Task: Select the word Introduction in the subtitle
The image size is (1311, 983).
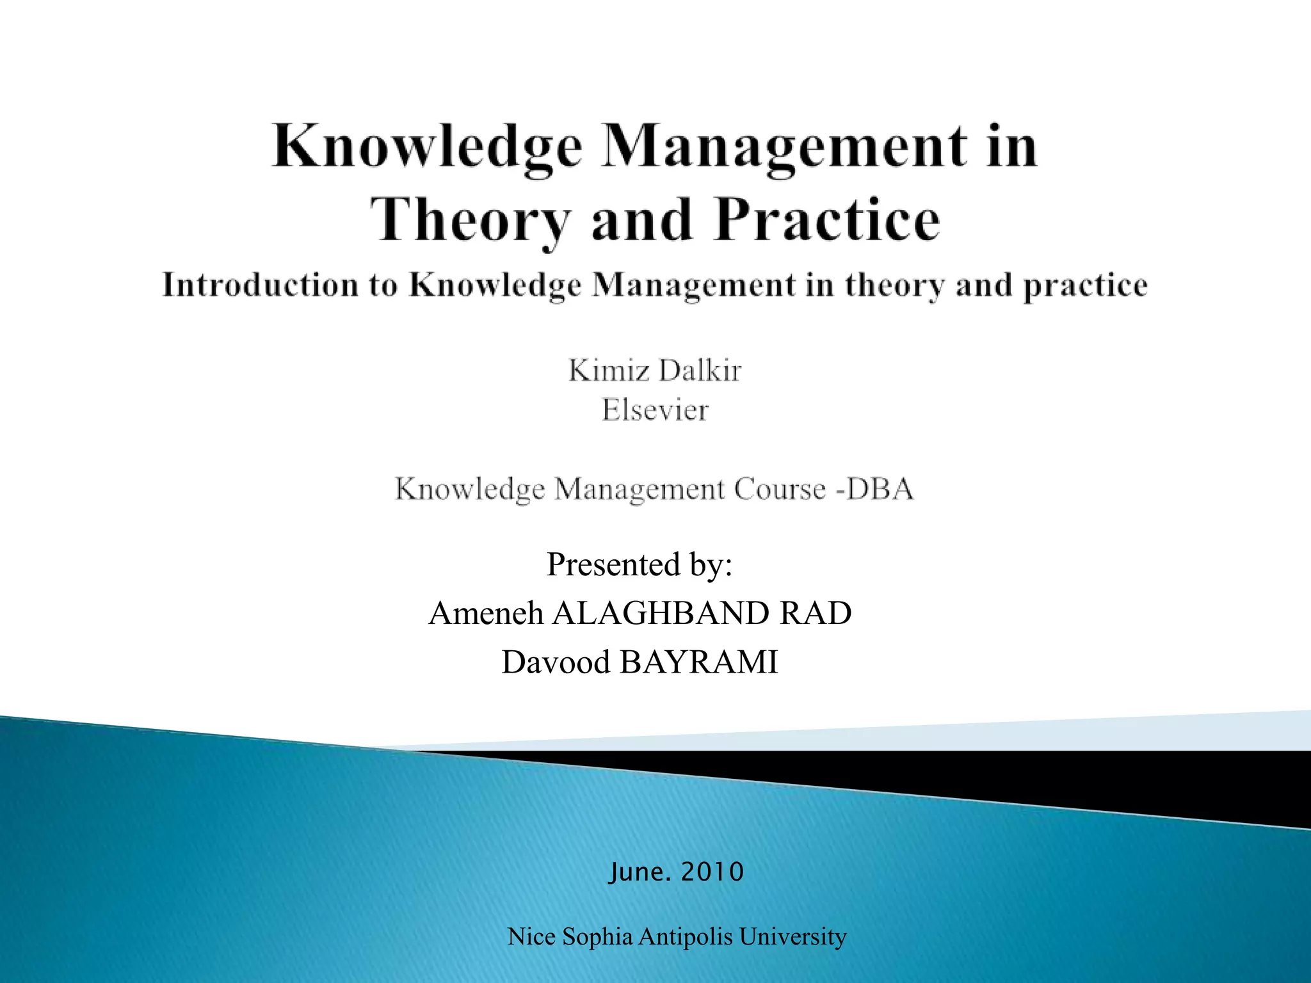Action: click(259, 285)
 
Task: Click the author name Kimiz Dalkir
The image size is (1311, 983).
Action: click(655, 371)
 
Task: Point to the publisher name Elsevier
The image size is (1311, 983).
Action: click(655, 410)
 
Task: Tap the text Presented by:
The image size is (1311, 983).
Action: click(639, 564)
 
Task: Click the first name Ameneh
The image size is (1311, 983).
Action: click(486, 613)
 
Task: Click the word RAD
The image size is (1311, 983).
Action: click(816, 613)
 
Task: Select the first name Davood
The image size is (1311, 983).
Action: click(556, 662)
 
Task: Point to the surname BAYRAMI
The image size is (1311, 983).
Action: click(698, 662)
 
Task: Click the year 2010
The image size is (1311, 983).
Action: click(712, 872)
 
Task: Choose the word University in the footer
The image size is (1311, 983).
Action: click(792, 937)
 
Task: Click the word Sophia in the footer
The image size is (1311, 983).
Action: click(597, 937)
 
